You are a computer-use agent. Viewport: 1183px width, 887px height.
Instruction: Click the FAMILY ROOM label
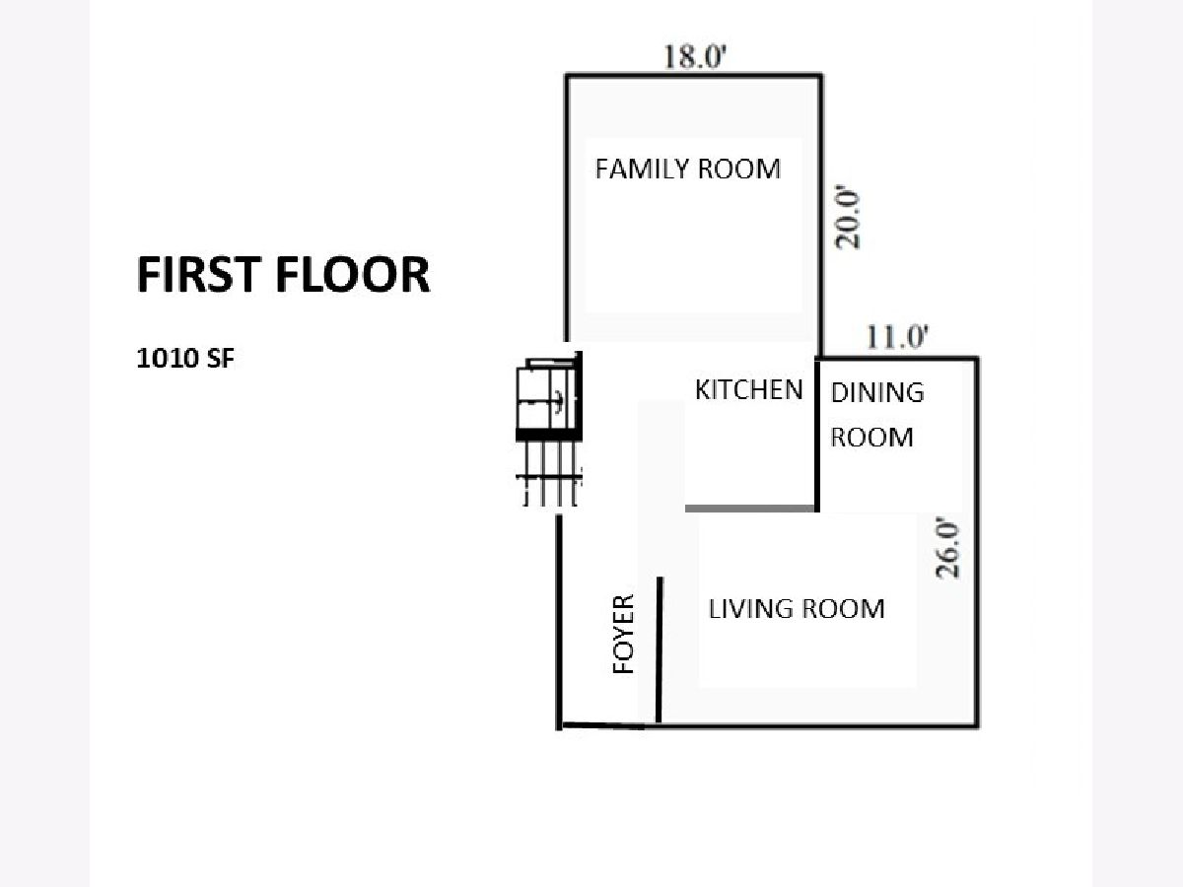tap(688, 169)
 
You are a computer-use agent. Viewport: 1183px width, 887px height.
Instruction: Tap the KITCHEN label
tap(748, 389)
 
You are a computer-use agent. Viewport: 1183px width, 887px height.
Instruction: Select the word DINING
tap(877, 392)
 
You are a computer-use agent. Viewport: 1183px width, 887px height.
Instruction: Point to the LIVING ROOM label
tap(797, 608)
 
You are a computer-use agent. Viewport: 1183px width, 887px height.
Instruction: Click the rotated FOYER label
tap(624, 634)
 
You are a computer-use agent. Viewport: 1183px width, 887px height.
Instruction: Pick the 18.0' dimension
tap(695, 56)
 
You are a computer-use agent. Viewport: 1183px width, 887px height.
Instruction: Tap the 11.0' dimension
tap(897, 337)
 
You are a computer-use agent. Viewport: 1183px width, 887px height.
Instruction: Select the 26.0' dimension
tap(947, 548)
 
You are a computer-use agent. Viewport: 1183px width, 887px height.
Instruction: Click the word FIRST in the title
tap(199, 274)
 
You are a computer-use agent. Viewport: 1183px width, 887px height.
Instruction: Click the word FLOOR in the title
tap(353, 274)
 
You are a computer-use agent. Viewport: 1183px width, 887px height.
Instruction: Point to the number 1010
tap(168, 358)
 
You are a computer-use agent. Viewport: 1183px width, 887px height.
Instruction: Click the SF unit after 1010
tap(220, 358)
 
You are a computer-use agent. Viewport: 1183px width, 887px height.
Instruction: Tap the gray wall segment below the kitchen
tap(749, 508)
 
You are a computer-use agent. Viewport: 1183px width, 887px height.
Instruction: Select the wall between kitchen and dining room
tap(817, 436)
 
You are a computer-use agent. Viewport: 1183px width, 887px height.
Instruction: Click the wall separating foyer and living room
tap(660, 649)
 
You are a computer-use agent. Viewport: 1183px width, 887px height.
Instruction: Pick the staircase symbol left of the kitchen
tap(549, 430)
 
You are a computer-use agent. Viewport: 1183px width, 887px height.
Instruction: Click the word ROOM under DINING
tap(872, 437)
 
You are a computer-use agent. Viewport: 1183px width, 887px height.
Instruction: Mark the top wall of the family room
tap(694, 76)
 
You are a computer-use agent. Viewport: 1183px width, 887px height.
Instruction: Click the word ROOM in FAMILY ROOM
tap(739, 169)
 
